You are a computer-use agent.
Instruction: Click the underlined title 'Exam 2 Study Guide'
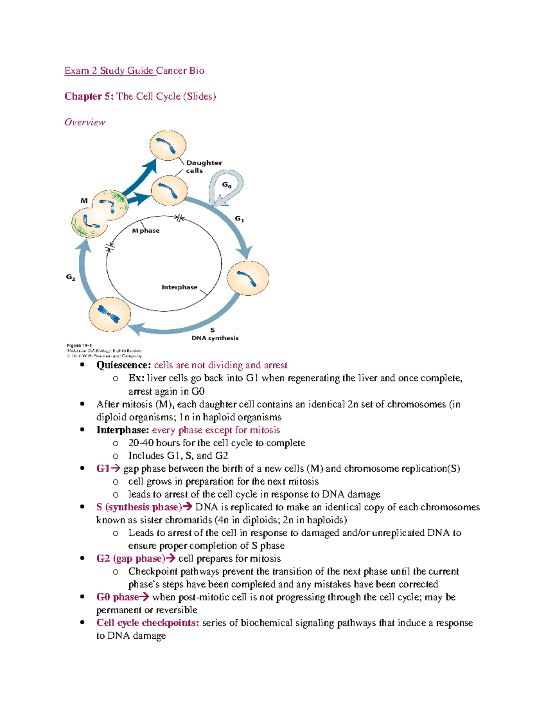point(109,71)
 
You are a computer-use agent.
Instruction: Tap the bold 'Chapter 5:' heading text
point(89,96)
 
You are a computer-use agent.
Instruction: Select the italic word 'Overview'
point(85,122)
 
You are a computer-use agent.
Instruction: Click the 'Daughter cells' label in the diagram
point(203,167)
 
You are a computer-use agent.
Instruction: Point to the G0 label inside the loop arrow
point(227,185)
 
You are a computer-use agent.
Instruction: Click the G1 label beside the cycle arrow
point(239,219)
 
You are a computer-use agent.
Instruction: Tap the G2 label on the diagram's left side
point(71,277)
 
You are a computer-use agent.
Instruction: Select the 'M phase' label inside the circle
point(146,230)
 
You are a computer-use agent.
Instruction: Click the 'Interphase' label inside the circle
point(179,287)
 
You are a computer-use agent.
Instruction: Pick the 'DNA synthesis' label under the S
point(215,338)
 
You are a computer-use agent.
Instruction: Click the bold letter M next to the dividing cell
point(84,200)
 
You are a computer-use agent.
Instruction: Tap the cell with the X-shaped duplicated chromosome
point(110,314)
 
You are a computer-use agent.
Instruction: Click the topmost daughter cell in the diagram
point(168,145)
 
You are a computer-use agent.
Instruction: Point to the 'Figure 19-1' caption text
point(80,346)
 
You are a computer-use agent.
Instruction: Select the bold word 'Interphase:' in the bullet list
point(122,430)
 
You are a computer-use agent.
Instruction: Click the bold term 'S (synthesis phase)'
point(139,507)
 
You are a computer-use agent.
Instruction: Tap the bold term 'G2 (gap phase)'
point(130,559)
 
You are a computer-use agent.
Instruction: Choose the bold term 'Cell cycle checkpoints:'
point(147,623)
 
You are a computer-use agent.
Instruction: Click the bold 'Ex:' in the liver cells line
point(136,378)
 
